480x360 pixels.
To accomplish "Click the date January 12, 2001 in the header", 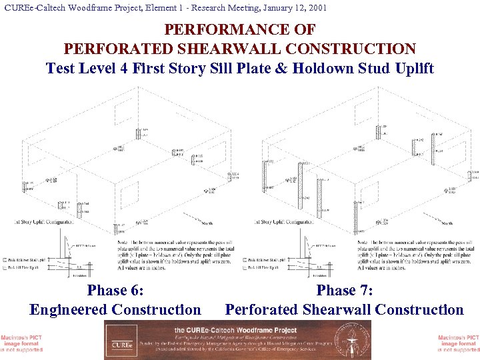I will click(290, 8).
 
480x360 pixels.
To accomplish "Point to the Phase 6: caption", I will click(115, 290).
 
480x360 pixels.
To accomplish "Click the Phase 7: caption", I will click(344, 290).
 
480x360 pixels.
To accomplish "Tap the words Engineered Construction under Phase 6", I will click(115, 309).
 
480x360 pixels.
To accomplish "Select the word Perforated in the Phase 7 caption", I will click(265, 309).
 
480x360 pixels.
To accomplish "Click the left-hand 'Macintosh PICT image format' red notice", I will click(21, 343).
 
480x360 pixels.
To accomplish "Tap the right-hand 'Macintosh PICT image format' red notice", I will click(459, 343).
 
